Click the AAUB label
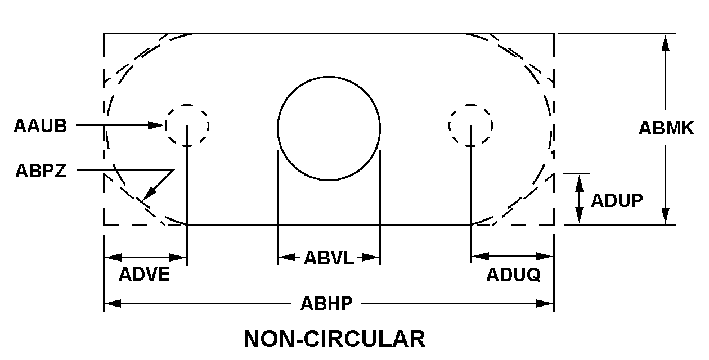pyautogui.click(x=40, y=125)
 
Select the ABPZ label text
pyautogui.click(x=41, y=171)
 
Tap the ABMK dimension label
pyautogui.click(x=666, y=128)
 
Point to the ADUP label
pyautogui.click(x=617, y=200)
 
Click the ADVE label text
pyautogui.click(x=144, y=274)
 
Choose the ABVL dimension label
pyautogui.click(x=329, y=258)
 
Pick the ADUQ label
pyautogui.click(x=513, y=274)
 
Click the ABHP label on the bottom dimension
pyautogui.click(x=326, y=304)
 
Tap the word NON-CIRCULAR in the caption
pyautogui.click(x=334, y=339)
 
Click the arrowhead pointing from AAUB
pyautogui.click(x=156, y=125)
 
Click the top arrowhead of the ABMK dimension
pyautogui.click(x=666, y=43)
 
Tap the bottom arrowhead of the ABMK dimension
pyautogui.click(x=666, y=216)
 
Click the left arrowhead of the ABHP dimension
pyautogui.click(x=113, y=304)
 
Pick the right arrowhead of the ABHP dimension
pyautogui.click(x=545, y=304)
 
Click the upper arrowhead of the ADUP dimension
pyautogui.click(x=579, y=183)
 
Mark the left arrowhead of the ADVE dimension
pyautogui.click(x=113, y=258)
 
